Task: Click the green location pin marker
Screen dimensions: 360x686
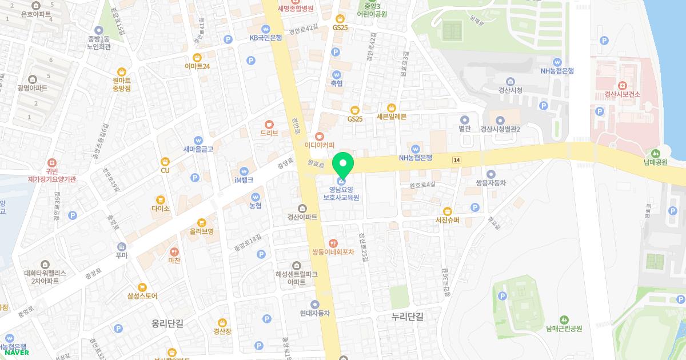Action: click(x=343, y=164)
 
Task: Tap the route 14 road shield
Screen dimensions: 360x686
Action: click(x=456, y=161)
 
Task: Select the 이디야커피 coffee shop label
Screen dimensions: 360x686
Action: click(x=319, y=145)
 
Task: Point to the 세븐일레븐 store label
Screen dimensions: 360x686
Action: click(x=392, y=117)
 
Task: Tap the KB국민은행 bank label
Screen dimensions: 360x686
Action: click(x=266, y=38)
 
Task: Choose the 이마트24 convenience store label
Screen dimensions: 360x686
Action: click(x=197, y=66)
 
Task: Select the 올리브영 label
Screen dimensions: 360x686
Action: click(x=201, y=231)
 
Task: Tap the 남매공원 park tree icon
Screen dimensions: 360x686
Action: click(x=655, y=153)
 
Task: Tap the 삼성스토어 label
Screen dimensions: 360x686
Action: click(x=142, y=296)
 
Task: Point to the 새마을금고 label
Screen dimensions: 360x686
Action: click(x=198, y=149)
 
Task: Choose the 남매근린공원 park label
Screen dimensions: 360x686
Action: click(x=564, y=329)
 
